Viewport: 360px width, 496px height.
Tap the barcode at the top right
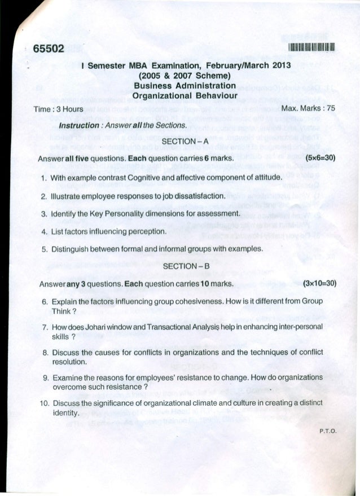click(x=307, y=47)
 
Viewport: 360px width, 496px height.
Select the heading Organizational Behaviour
click(x=179, y=96)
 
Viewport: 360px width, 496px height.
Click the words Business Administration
click(x=179, y=86)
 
